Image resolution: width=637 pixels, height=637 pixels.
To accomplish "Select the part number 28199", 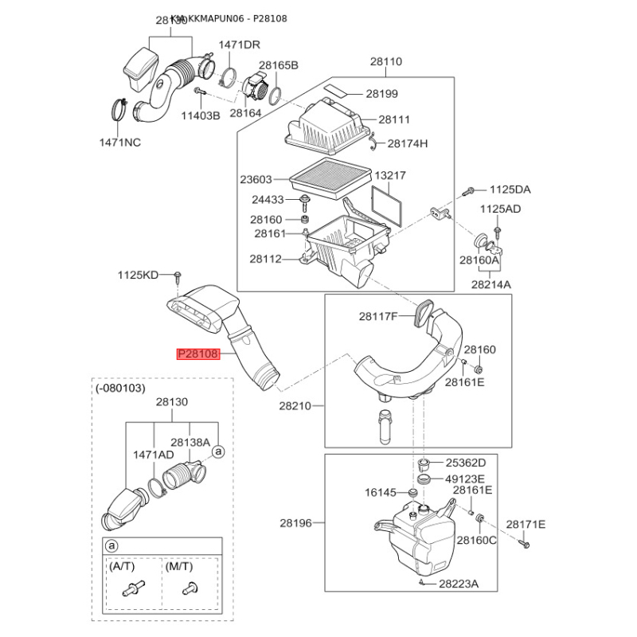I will click(x=381, y=94).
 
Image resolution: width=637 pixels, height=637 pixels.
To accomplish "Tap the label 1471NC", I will click(x=119, y=143).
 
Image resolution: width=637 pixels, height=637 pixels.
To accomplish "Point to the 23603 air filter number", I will click(x=256, y=180).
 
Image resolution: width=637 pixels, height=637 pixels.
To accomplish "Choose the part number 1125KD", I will click(x=139, y=276).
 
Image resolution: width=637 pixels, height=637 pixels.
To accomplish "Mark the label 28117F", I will click(x=377, y=316).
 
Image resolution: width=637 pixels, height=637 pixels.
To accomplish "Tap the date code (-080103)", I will click(x=120, y=388).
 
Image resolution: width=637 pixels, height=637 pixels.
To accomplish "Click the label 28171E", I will click(x=526, y=524).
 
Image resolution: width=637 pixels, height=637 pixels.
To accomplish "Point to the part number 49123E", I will click(x=465, y=479).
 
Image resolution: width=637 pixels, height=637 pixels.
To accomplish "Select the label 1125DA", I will click(x=510, y=190).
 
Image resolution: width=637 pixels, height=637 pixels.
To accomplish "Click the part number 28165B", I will click(x=277, y=64).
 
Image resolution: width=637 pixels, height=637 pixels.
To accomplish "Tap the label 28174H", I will click(x=408, y=144).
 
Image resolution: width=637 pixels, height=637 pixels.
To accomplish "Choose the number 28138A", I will click(x=190, y=442).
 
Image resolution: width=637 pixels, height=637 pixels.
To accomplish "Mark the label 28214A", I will click(x=490, y=283).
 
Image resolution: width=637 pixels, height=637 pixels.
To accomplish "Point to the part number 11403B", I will click(x=200, y=115).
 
